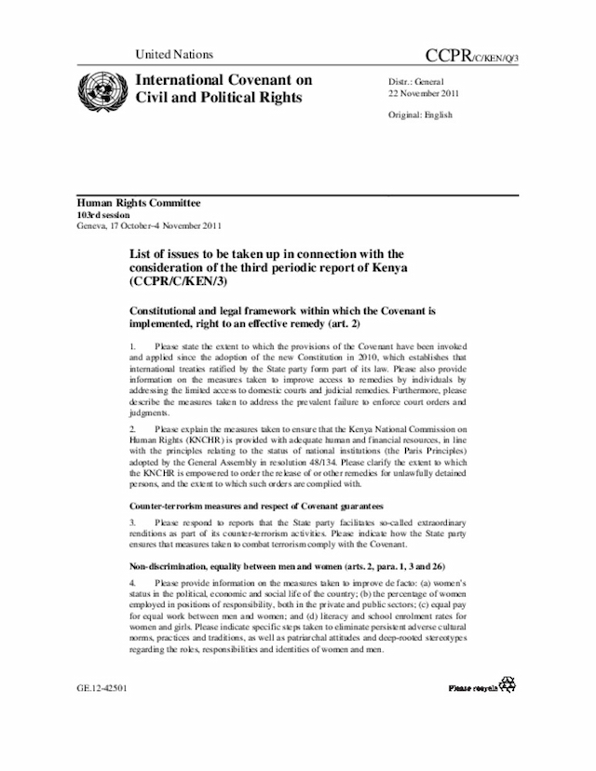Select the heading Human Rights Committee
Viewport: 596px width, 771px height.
click(x=138, y=203)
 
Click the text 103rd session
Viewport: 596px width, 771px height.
click(x=103, y=214)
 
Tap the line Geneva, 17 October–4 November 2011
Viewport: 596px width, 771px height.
click(x=149, y=225)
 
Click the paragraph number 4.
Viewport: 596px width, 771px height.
click(x=132, y=582)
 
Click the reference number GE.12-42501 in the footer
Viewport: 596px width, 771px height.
click(x=102, y=689)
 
